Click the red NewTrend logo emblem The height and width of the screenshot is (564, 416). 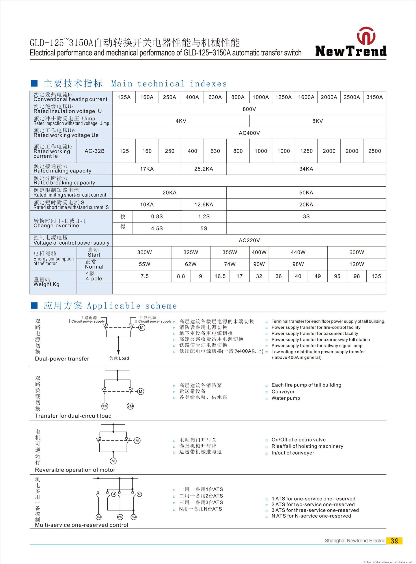(x=366, y=36)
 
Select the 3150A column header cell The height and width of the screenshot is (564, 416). (x=375, y=97)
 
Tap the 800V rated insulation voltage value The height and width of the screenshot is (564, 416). (x=249, y=109)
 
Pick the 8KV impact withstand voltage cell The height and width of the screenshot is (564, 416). (x=317, y=121)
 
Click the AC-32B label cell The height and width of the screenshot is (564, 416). (x=94, y=151)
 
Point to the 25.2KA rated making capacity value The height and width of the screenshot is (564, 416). (x=203, y=169)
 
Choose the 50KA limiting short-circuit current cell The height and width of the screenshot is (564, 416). (x=306, y=193)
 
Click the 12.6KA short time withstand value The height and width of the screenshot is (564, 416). (x=203, y=205)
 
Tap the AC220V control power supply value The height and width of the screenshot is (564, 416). (x=249, y=240)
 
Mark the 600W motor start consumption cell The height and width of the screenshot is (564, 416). (x=356, y=252)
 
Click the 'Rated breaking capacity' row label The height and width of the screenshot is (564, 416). (x=64, y=181)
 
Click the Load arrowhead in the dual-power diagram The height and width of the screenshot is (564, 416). (x=118, y=352)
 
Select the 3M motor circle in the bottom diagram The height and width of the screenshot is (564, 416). (x=133, y=517)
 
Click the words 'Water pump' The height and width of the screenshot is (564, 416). (x=285, y=398)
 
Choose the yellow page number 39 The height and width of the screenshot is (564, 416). (x=394, y=541)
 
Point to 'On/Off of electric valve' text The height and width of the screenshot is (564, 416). (x=298, y=440)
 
